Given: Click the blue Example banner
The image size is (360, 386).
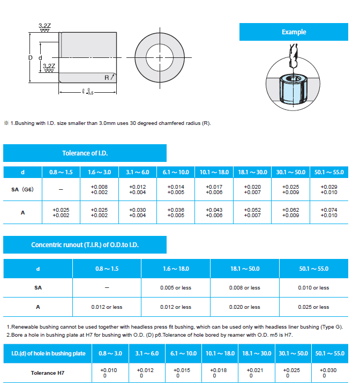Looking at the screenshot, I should [294, 32].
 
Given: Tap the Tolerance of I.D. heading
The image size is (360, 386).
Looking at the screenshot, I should [85, 153].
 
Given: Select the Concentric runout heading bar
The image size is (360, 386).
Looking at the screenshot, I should [85, 245].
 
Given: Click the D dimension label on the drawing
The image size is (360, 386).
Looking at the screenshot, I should [31, 57].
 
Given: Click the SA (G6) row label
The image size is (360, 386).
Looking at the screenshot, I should [22, 189].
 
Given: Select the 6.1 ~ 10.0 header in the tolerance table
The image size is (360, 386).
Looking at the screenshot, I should [175, 172].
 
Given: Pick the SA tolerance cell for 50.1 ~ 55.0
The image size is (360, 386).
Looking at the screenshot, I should [329, 189].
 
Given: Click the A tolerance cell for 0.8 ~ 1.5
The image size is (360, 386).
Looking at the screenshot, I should [61, 212].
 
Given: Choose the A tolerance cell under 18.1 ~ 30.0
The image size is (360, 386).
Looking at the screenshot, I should [252, 212].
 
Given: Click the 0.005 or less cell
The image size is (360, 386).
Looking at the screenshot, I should [176, 288].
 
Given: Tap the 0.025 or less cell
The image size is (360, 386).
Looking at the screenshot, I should [313, 307].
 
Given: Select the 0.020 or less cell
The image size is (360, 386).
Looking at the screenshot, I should [245, 307].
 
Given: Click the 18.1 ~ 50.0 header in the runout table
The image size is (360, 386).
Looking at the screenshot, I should [245, 269].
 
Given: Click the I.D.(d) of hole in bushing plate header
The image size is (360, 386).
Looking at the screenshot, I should [47, 353].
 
